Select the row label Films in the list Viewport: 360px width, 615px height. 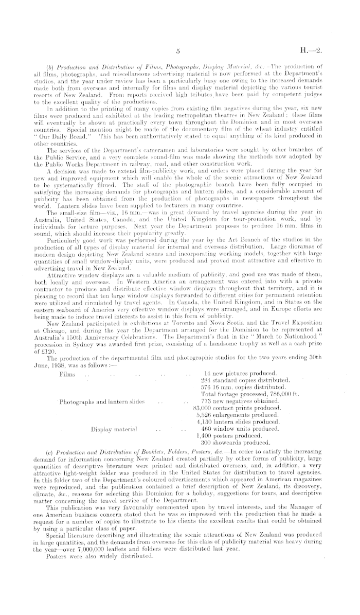(x=68, y=388)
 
